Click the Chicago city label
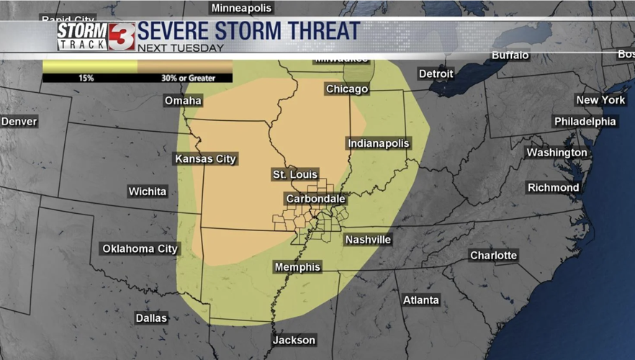tap(347, 89)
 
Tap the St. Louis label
tap(294, 175)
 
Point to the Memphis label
tap(297, 267)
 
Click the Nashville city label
tap(368, 240)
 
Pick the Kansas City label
tap(205, 159)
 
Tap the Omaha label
tap(183, 101)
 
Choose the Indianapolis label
tap(378, 143)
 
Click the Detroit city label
tap(436, 73)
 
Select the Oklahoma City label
tap(140, 249)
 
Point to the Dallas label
tap(151, 318)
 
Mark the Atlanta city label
tap(421, 300)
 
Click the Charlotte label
tap(493, 256)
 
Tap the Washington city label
tap(557, 153)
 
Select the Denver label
tap(19, 122)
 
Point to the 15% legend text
tap(86, 78)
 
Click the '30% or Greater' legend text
tap(188, 78)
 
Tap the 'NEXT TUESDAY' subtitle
tap(180, 48)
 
